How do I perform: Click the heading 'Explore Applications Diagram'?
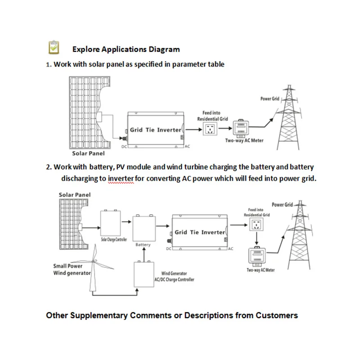point(126,49)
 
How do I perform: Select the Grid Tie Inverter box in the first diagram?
point(155,130)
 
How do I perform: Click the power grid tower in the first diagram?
point(293,119)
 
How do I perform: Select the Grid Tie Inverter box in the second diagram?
point(199,232)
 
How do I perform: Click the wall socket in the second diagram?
point(256,225)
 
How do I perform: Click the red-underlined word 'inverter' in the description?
point(121,178)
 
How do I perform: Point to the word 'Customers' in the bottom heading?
point(277,315)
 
